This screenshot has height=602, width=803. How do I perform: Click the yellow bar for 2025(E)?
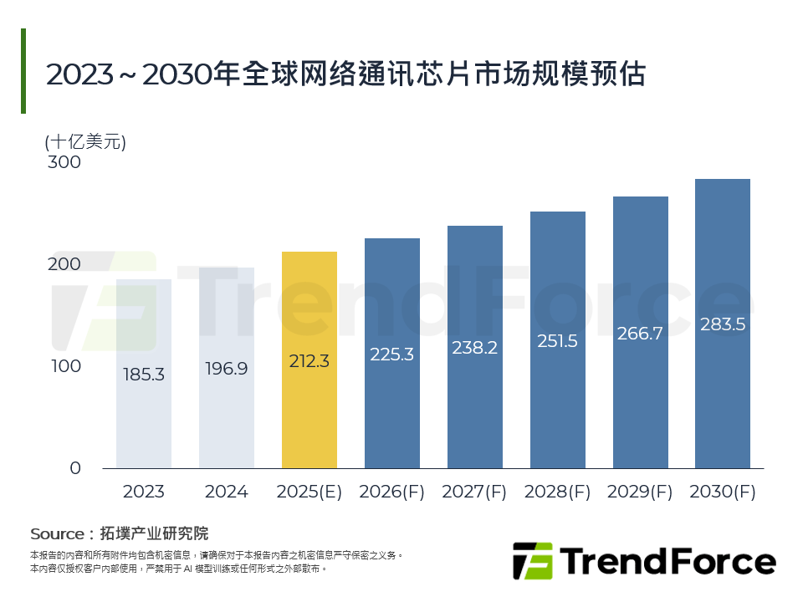click(309, 360)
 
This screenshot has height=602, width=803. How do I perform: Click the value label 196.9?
click(227, 369)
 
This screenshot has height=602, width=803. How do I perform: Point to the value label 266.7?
click(640, 334)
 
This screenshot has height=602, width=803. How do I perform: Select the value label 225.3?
click(392, 355)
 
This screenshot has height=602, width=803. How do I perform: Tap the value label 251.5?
click(557, 341)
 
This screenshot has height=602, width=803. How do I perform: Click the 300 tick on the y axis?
click(64, 162)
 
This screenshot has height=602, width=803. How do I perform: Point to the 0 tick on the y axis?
click(75, 468)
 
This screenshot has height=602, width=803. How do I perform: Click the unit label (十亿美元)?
click(85, 141)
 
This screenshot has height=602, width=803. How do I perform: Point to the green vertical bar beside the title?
click(23, 71)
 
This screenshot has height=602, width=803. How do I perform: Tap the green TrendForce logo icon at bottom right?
click(532, 561)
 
